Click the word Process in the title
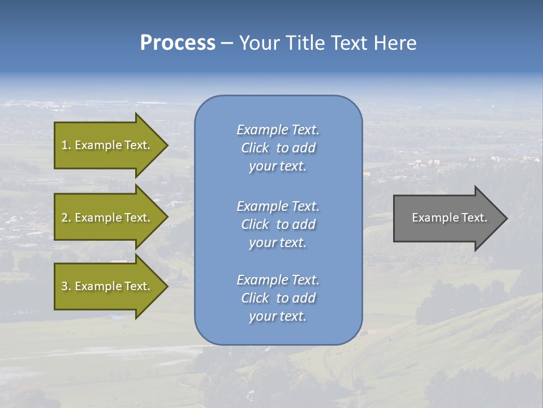pyautogui.click(x=178, y=43)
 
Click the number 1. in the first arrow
pyautogui.click(x=66, y=145)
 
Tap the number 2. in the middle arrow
pyautogui.click(x=66, y=218)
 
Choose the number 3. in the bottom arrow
pyautogui.click(x=66, y=286)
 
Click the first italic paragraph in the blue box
pyautogui.click(x=278, y=148)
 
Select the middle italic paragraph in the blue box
pyautogui.click(x=278, y=224)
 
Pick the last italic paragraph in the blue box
pyautogui.click(x=278, y=298)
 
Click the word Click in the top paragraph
pyautogui.click(x=255, y=148)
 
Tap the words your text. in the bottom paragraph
pyautogui.click(x=278, y=317)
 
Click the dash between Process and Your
pyautogui.click(x=227, y=44)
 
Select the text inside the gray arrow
pyautogui.click(x=450, y=218)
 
